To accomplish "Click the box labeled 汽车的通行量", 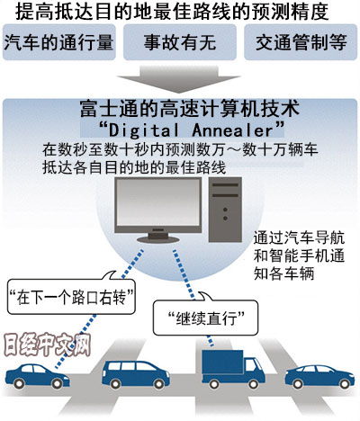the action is coord(59,42).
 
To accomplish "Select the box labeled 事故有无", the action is coord(180,42).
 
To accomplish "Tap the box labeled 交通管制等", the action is coord(301,42).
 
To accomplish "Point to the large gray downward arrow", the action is coord(179,79).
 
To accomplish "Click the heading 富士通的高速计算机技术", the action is coord(190,109).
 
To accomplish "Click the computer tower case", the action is coord(225,210).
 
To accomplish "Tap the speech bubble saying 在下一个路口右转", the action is coord(71,297).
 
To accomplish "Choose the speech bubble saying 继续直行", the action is coord(206,318).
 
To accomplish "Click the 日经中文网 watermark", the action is coord(48,345).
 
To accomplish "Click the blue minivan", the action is coord(136,374).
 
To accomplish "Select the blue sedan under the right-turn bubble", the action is coord(38,376).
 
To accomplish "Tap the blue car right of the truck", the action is coord(319,376).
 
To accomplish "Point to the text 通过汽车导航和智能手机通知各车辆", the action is coord(299,255).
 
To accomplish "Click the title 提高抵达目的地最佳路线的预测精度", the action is coord(172,12).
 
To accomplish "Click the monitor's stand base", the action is coord(158,239).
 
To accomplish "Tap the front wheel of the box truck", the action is coord(254,384).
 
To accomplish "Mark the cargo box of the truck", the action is coord(222,362).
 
